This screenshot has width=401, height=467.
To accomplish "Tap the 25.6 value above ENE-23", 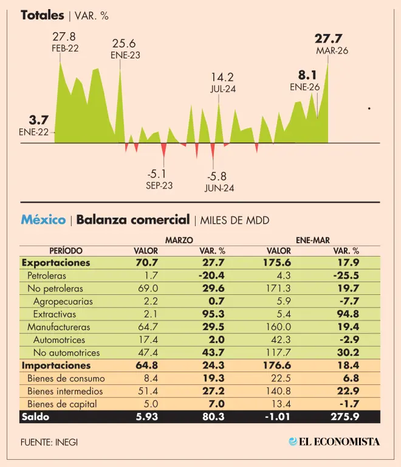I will [124, 43].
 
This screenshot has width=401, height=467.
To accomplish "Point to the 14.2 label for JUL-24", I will [222, 77].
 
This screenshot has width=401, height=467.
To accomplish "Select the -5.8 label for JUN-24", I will [219, 176].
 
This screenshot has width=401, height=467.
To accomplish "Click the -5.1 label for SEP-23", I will [159, 174].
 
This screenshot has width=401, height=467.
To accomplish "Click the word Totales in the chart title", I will [42, 15].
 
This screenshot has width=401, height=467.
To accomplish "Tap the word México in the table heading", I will [43, 220].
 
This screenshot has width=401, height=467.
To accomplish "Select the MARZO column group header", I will [179, 240].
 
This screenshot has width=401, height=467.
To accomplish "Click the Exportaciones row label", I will [56, 263].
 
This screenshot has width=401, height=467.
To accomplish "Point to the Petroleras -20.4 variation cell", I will [212, 275].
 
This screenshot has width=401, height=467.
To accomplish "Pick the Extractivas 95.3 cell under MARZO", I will [212, 314].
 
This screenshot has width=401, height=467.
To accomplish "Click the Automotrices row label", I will [60, 339].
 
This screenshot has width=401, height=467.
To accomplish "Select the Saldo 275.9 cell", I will [346, 417].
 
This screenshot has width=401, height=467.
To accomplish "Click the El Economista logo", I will [334, 441].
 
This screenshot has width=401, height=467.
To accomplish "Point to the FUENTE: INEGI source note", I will [49, 442].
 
